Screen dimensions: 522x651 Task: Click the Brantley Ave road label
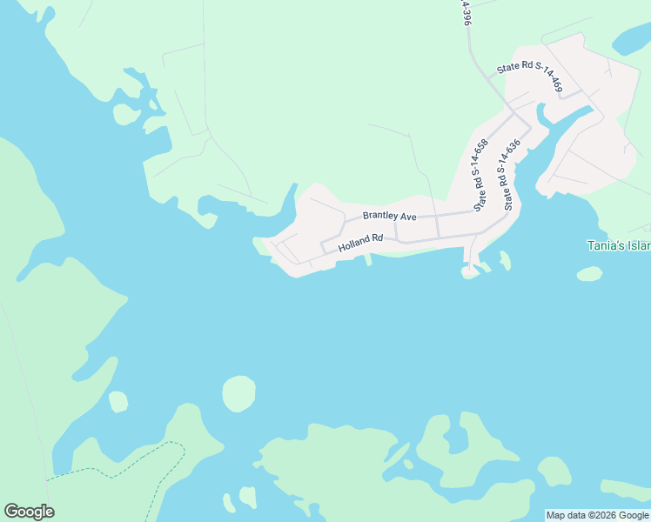pyautogui.click(x=390, y=215)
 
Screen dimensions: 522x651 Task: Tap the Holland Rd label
pyautogui.click(x=361, y=244)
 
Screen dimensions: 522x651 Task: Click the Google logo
pyautogui.click(x=29, y=512)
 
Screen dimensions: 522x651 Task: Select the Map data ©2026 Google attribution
pyautogui.click(x=597, y=515)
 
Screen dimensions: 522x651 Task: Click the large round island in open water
pyautogui.click(x=239, y=393)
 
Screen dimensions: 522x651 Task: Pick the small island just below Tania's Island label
pyautogui.click(x=589, y=274)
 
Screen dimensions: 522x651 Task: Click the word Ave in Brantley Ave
pyautogui.click(x=407, y=215)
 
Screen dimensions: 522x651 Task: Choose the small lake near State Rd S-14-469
pyautogui.click(x=633, y=39)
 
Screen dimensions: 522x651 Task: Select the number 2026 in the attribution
pyautogui.click(x=597, y=515)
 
